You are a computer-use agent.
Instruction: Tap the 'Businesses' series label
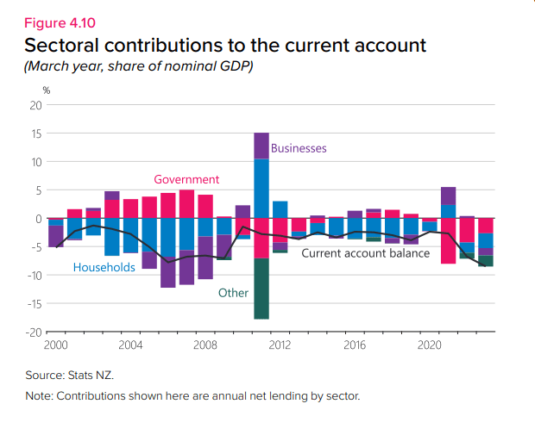[299, 148]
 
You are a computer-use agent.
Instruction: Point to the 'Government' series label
[186, 179]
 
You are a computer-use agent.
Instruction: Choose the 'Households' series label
[104, 267]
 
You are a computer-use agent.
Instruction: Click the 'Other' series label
[233, 293]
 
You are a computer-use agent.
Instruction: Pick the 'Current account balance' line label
[365, 253]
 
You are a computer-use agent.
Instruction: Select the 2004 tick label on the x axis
[130, 345]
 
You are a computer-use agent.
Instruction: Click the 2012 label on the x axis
[280, 345]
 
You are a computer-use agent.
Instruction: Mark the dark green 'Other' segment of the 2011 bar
[261, 289]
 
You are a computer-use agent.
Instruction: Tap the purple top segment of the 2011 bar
[261, 146]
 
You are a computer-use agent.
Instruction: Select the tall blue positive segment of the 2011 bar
[261, 189]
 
